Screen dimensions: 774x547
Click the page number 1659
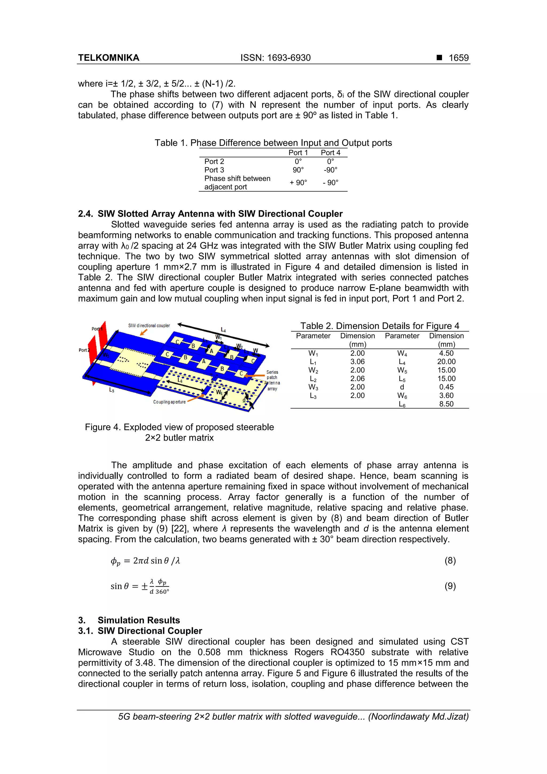pyautogui.click(x=458, y=58)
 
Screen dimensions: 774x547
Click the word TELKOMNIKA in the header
pyautogui.click(x=108, y=58)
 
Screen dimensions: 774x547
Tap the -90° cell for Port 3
pyautogui.click(x=330, y=170)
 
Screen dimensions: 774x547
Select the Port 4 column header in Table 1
pyautogui.click(x=330, y=153)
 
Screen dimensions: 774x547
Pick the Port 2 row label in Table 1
pyautogui.click(x=214, y=161)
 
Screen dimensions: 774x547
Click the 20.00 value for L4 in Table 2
pyautogui.click(x=446, y=362)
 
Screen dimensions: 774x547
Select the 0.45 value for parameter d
pyautogui.click(x=446, y=387)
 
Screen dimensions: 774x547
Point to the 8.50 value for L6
pyautogui.click(x=446, y=404)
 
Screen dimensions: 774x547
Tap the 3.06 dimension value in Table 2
pyautogui.click(x=357, y=362)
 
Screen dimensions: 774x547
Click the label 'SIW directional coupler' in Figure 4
pyautogui.click(x=149, y=326)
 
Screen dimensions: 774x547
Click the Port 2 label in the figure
pyautogui.click(x=84, y=350)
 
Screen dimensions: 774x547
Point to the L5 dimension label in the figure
pyautogui.click(x=112, y=390)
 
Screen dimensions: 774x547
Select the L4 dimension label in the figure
pyautogui.click(x=223, y=330)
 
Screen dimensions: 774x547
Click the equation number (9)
pyautogui.click(x=450, y=586)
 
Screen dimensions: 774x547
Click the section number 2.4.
pyautogui.click(x=85, y=214)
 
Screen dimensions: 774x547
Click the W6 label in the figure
pyautogui.click(x=219, y=393)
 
